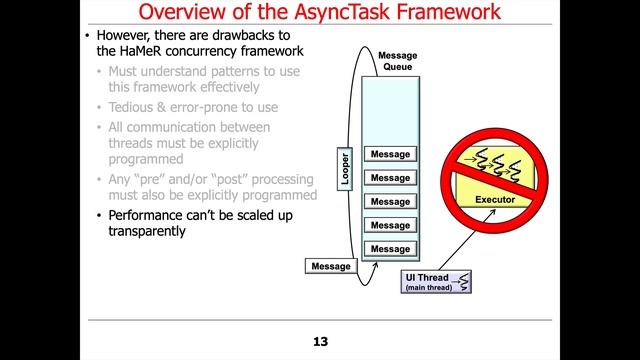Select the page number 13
pyautogui.click(x=320, y=342)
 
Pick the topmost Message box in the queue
pyautogui.click(x=390, y=155)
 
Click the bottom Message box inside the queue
pyautogui.click(x=390, y=248)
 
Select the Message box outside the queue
pyautogui.click(x=331, y=266)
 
